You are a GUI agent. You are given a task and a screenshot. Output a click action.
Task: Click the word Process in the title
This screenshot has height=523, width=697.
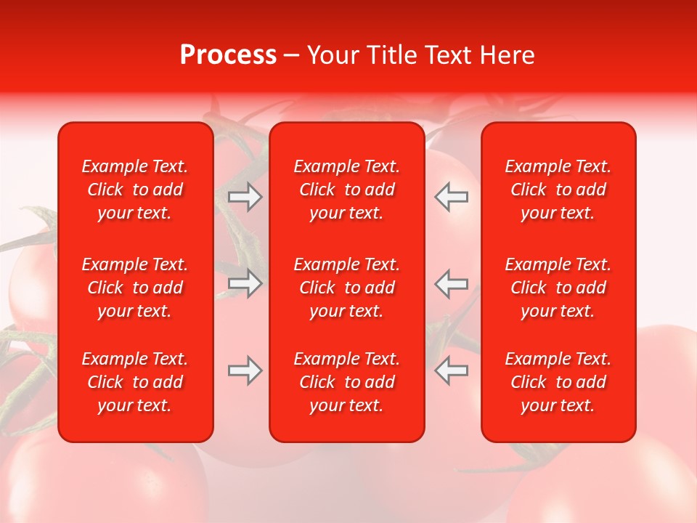click(x=228, y=55)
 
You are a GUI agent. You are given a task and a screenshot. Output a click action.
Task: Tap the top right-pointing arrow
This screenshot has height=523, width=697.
click(x=245, y=197)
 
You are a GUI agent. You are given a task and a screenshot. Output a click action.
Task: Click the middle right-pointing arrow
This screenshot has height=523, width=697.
click(x=245, y=283)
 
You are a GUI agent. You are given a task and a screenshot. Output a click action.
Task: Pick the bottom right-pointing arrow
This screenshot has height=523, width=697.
click(x=245, y=370)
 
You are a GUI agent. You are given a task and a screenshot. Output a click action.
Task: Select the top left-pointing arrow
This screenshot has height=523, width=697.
click(x=451, y=197)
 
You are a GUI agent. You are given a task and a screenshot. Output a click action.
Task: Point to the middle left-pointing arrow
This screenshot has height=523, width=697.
click(x=451, y=283)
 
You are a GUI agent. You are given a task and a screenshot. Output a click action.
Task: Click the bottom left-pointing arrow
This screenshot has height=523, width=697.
click(x=451, y=370)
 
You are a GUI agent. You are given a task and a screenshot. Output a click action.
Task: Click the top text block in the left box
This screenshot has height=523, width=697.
click(x=135, y=190)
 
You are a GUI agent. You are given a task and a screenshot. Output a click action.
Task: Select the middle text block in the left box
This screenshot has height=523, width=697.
click(x=135, y=288)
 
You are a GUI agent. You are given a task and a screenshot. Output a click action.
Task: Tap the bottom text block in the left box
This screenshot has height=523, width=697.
click(x=135, y=382)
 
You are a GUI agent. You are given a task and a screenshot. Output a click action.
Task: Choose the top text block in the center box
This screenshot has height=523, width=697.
click(x=346, y=190)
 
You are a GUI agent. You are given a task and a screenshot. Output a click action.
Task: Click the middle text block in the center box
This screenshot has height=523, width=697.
click(x=346, y=288)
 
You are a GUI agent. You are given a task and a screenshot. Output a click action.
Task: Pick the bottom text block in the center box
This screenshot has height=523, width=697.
click(x=346, y=382)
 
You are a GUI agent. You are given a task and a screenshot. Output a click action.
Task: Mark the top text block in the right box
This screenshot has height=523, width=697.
click(x=558, y=190)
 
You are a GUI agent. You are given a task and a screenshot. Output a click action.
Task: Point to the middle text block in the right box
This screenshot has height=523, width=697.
click(x=558, y=288)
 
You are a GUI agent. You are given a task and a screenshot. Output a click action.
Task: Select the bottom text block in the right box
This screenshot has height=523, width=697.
click(x=558, y=382)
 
